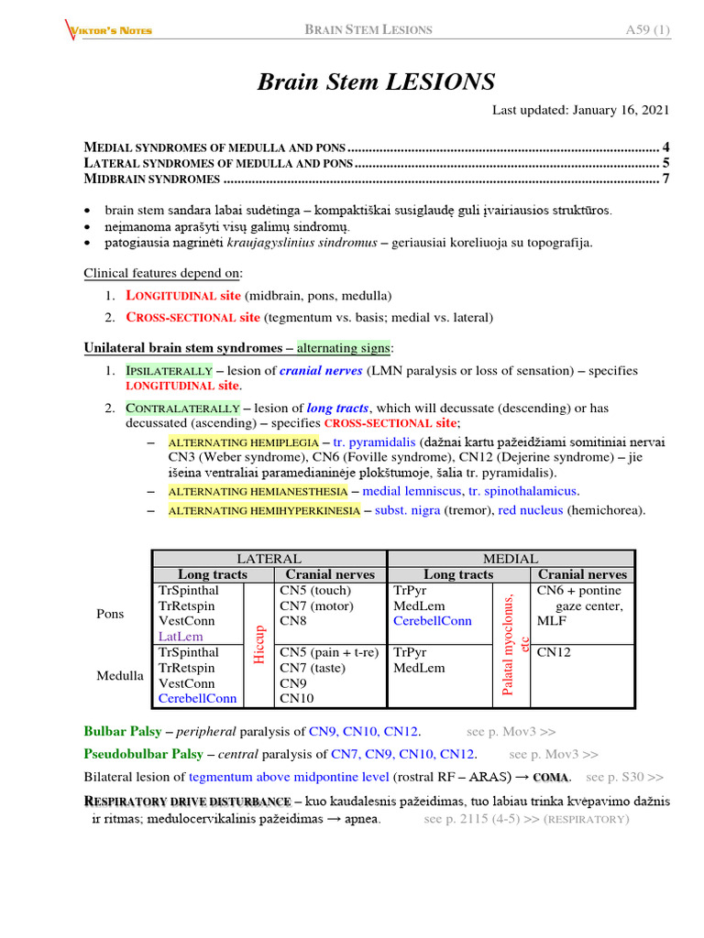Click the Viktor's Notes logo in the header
[x=109, y=29]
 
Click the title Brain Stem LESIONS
[x=376, y=82]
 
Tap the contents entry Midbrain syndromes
[x=152, y=179]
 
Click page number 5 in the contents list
[x=665, y=163]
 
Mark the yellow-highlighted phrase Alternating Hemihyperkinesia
[x=264, y=510]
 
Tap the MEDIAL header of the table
[x=511, y=558]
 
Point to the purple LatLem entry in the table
[x=181, y=636]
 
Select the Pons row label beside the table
[x=112, y=613]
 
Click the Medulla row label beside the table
[x=120, y=675]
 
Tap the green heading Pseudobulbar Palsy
[x=143, y=754]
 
